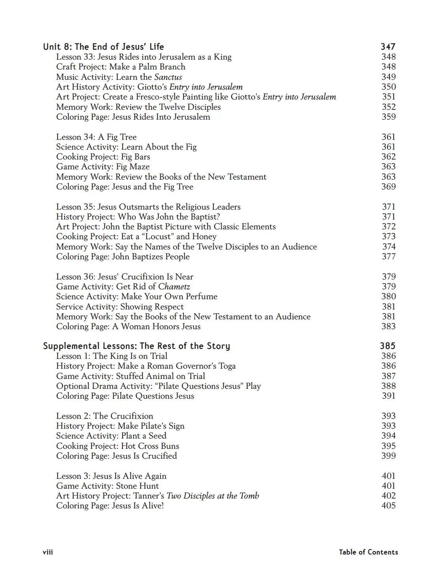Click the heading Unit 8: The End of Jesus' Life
pyautogui.click(x=104, y=47)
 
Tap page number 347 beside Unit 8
pyautogui.click(x=388, y=47)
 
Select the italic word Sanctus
pyautogui.click(x=168, y=77)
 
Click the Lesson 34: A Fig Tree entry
pyautogui.click(x=96, y=137)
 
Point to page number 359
pyautogui.click(x=388, y=117)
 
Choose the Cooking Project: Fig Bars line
pyautogui.click(x=103, y=157)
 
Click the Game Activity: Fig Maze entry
pyautogui.click(x=103, y=167)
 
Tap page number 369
pyautogui.click(x=388, y=187)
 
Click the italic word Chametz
pyautogui.click(x=174, y=287)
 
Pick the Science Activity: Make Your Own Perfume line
pyautogui.click(x=137, y=296)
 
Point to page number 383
pyautogui.click(x=388, y=326)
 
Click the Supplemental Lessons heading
pyautogui.click(x=136, y=346)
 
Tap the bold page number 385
pyautogui.click(x=388, y=346)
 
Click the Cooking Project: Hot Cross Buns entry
pyautogui.click(x=118, y=446)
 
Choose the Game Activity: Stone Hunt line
pyautogui.click(x=107, y=486)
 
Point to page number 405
pyautogui.click(x=388, y=506)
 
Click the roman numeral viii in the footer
pyautogui.click(x=48, y=552)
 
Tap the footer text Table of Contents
pyautogui.click(x=368, y=552)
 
